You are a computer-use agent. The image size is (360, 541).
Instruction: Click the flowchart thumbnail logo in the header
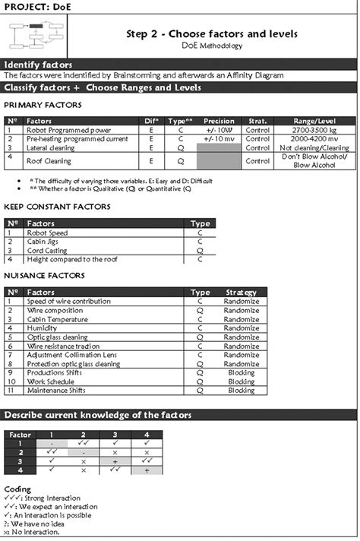pos(35,35)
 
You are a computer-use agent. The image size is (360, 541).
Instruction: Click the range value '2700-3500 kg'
pos(314,130)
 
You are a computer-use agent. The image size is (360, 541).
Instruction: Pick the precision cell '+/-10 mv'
pos(219,139)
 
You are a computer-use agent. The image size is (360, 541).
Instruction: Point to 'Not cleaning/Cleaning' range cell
pos(314,148)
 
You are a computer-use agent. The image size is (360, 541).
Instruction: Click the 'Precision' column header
pos(219,121)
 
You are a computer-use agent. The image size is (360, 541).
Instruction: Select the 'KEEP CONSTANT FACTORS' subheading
pos(56,207)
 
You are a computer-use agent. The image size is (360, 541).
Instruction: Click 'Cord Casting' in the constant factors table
pos(47,250)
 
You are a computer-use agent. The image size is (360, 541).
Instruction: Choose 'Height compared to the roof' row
pos(67,259)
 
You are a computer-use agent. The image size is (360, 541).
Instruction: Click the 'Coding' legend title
pos(17,489)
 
